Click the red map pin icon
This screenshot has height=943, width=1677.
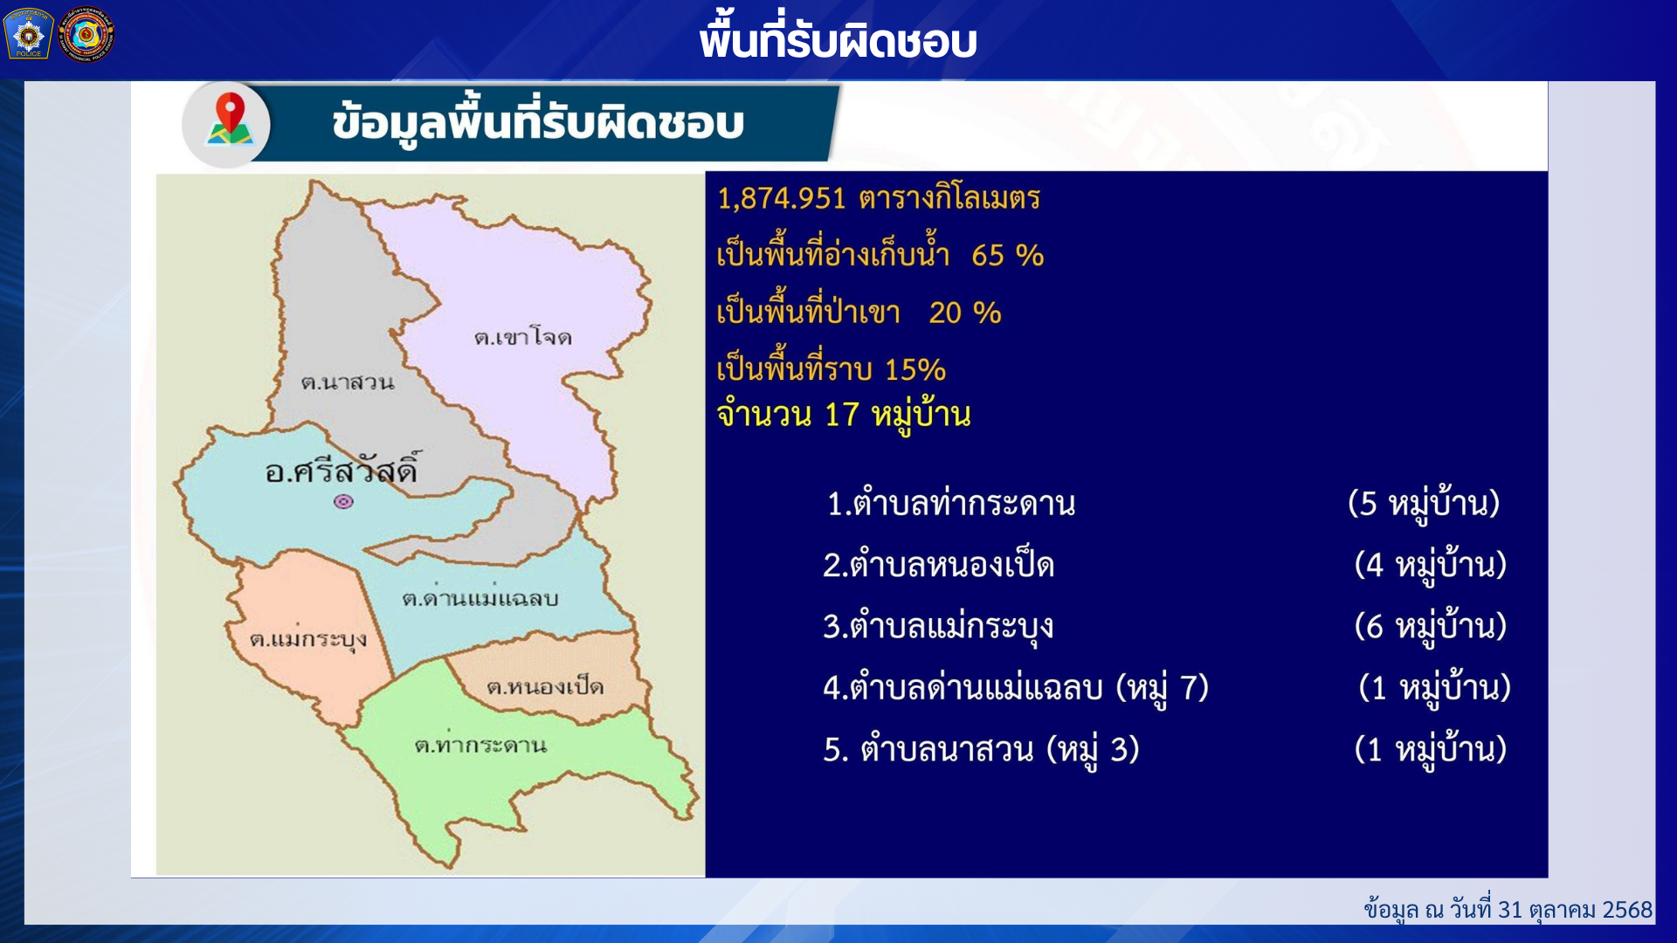[x=230, y=118]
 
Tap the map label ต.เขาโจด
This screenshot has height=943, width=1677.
[x=522, y=338]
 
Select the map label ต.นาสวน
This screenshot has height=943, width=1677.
[x=348, y=382]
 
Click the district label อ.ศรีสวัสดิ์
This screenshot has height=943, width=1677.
[x=342, y=470]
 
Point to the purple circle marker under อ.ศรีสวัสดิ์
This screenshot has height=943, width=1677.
[x=344, y=501]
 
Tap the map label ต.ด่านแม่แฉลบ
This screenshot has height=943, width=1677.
[x=480, y=596]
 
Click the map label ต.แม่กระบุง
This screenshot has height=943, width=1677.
[x=308, y=639]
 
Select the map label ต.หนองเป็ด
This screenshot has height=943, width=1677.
[x=545, y=686]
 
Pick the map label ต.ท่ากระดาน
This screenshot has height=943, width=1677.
[x=480, y=745]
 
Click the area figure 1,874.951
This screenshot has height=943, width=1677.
[x=782, y=198]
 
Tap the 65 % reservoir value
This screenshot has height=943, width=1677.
[x=1008, y=255]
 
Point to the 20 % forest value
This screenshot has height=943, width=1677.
[x=965, y=313]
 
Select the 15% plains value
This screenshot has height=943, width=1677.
[x=915, y=369]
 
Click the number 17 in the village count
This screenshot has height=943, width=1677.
[x=842, y=415]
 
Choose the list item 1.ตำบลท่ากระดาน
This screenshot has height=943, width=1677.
[x=951, y=504]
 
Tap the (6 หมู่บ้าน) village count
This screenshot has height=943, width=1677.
[x=1431, y=626]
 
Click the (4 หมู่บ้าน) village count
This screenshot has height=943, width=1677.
[x=1431, y=565]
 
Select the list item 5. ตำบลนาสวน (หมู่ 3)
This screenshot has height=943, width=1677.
[x=982, y=749]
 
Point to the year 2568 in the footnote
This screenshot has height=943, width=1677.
[x=1627, y=910]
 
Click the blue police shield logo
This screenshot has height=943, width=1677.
[x=29, y=34]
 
